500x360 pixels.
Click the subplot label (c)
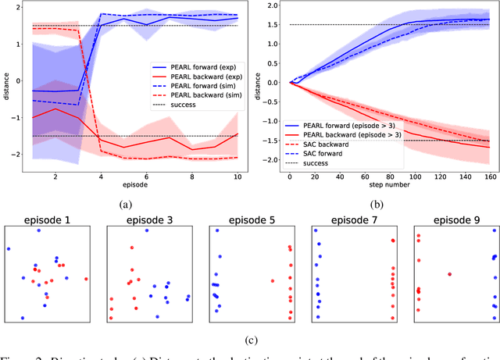pyautogui.click(x=249, y=338)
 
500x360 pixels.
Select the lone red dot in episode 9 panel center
pyautogui.click(x=449, y=273)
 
